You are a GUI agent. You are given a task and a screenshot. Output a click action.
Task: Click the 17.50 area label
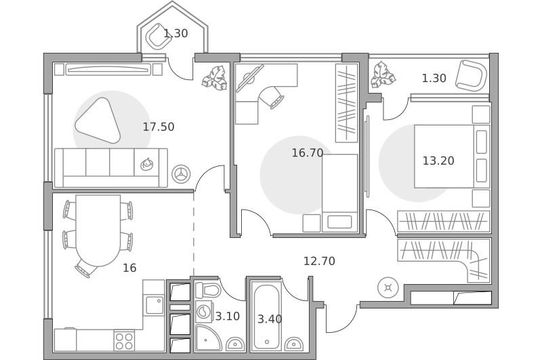[159, 127]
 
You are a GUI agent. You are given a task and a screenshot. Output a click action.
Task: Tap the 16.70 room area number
[308, 153]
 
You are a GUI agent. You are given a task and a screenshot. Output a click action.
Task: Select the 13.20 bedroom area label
[438, 161]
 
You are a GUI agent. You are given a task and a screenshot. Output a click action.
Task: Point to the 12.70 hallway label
[319, 261]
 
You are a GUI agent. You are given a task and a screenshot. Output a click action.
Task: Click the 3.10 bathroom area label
[228, 317]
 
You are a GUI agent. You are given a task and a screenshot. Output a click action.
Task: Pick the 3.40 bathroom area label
[270, 319]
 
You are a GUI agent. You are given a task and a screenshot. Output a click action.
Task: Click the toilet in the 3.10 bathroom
[208, 290]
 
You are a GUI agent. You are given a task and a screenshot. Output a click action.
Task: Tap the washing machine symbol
[204, 312]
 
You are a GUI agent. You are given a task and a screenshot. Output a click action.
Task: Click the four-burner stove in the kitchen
[125, 340]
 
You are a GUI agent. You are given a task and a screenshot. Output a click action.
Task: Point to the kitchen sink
[154, 305]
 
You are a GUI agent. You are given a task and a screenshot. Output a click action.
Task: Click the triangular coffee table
[98, 121]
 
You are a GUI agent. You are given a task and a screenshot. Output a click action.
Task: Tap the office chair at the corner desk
[272, 97]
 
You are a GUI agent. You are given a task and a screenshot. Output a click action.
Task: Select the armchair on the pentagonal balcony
[159, 36]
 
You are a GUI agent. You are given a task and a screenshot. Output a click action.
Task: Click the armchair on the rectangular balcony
[470, 76]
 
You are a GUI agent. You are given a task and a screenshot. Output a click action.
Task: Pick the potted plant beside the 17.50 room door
[215, 78]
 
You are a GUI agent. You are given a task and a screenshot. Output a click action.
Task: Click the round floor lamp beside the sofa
[181, 174]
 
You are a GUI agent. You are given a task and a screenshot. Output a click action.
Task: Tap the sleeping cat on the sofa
[147, 164]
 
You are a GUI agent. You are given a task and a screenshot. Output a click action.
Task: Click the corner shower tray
[208, 338]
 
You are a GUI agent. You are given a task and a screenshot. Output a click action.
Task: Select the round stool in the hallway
[388, 287]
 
